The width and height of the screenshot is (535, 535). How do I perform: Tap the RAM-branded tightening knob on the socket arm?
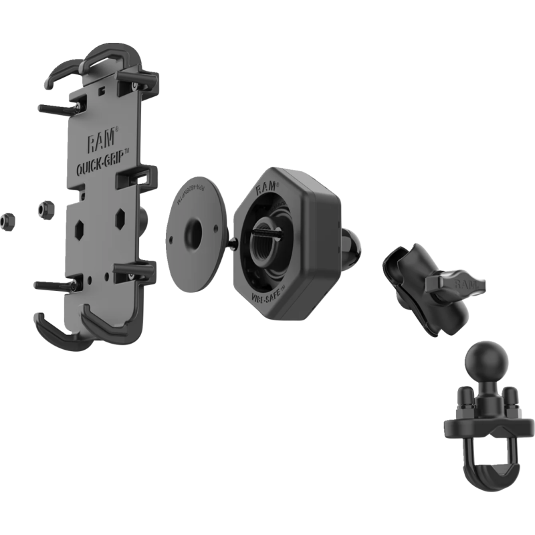455,286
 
